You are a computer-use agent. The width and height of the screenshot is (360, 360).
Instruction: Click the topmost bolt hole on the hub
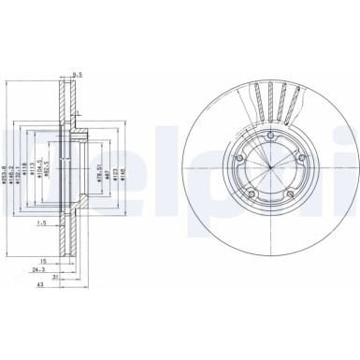tap(266, 142)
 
